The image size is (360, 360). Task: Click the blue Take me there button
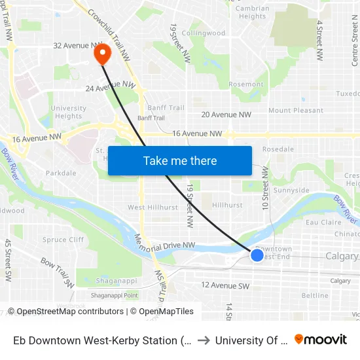[180, 160]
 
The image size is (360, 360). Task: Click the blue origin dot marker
[257, 255]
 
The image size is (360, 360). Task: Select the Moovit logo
[321, 340]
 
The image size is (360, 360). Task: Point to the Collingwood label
[203, 33]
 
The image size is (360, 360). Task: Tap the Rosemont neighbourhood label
[246, 84]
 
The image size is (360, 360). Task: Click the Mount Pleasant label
[296, 111]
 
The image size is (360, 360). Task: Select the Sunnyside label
[291, 190]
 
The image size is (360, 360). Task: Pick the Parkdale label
[61, 173]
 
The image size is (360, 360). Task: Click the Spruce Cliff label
[63, 240]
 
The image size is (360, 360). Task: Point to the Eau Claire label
[323, 223]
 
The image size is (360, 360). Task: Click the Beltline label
[315, 296]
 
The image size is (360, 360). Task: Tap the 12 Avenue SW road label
[226, 286]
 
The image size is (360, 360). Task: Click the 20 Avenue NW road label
[226, 115]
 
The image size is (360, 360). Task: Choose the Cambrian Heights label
[252, 12]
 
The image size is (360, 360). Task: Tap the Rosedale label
[278, 149]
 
